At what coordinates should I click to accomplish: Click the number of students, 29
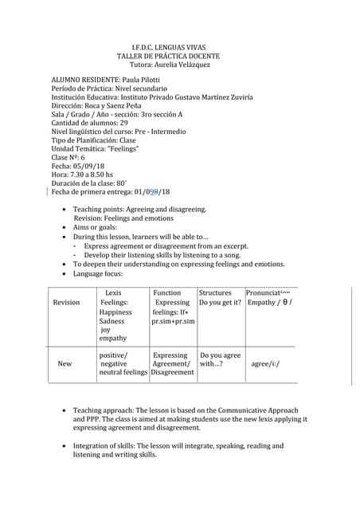(x=123, y=124)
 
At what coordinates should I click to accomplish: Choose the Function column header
(x=166, y=293)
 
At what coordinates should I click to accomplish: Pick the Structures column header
(x=215, y=293)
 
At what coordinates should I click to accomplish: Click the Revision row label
(x=66, y=303)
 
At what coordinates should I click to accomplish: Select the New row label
(x=65, y=363)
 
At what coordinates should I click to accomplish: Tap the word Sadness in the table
(x=112, y=321)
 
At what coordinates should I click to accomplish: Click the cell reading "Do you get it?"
(x=220, y=303)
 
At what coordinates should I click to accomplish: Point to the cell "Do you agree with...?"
(x=220, y=359)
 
